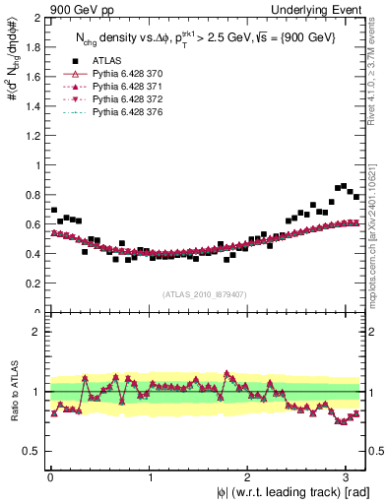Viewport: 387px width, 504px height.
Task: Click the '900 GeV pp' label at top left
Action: coord(80,9)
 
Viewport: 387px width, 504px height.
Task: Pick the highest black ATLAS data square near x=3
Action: coord(344,185)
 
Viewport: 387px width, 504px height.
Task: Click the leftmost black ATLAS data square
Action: coord(53,210)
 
